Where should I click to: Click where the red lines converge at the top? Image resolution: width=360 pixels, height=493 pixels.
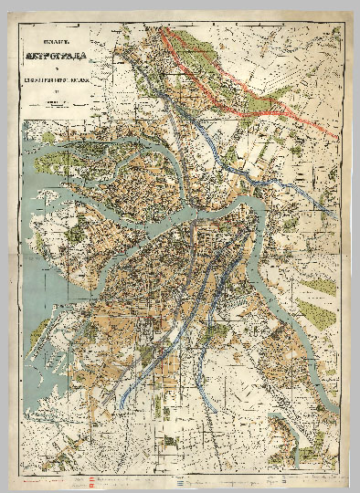coord(164,28)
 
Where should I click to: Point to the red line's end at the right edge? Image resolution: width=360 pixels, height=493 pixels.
coord(338,137)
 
